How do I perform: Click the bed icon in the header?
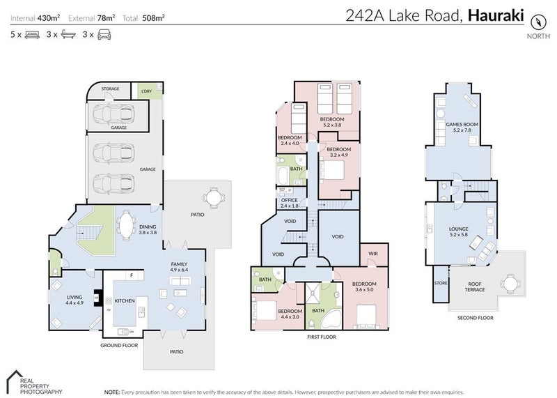[32, 33]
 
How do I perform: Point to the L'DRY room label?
[146, 91]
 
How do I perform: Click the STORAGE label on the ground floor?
[111, 89]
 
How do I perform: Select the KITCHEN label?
[125, 300]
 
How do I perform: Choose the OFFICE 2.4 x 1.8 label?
[289, 203]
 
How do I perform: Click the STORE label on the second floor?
[440, 283]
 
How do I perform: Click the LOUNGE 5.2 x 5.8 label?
[459, 231]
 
